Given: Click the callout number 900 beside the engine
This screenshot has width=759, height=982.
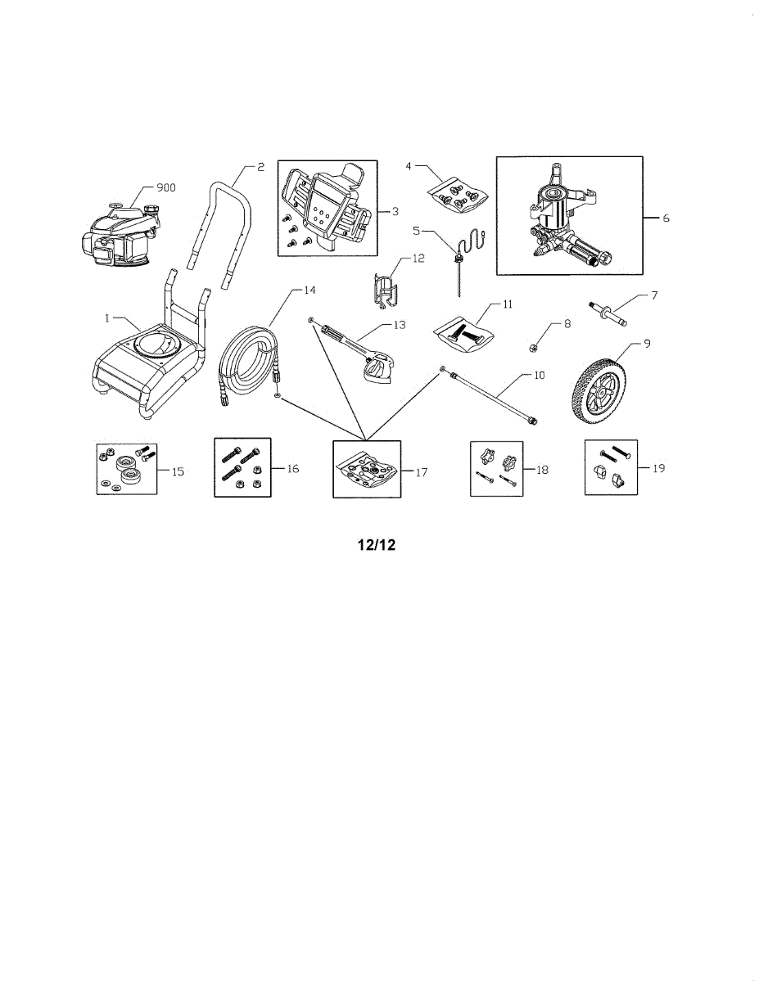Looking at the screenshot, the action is click(x=166, y=187).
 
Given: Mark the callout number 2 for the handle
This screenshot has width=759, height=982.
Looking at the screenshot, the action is click(x=260, y=167).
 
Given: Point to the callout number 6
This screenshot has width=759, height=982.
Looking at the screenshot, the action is click(x=666, y=218).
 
